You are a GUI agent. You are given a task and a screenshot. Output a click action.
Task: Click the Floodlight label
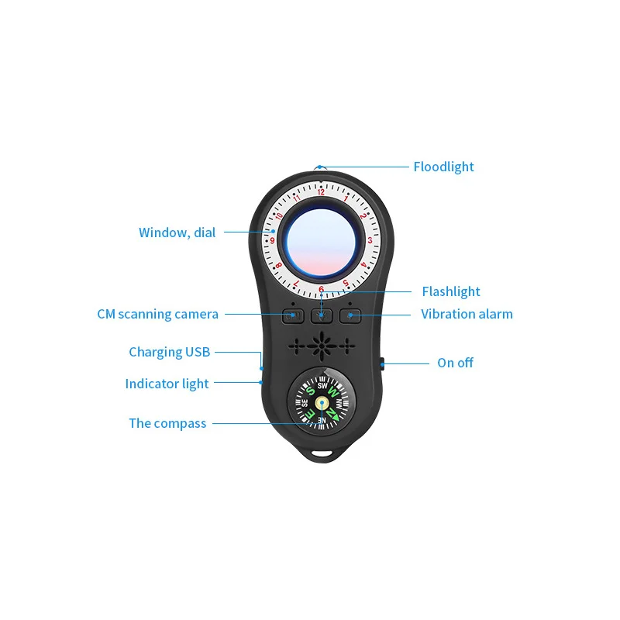[x=443, y=167]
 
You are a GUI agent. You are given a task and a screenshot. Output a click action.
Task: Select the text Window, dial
[x=177, y=232]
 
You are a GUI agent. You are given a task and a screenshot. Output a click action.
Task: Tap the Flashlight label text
[x=451, y=291]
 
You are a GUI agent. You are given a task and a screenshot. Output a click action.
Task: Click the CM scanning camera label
[x=157, y=314]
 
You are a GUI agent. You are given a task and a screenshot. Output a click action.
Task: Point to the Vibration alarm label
[x=467, y=314]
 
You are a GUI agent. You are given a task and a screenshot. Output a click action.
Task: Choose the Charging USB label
[x=169, y=352]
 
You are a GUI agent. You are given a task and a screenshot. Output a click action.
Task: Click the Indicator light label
[x=167, y=384]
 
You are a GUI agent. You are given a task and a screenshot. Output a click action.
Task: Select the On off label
[x=455, y=363]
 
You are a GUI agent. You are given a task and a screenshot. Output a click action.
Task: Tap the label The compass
[x=167, y=423]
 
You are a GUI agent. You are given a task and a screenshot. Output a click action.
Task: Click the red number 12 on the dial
[x=321, y=192]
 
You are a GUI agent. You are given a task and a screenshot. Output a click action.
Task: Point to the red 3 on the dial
[x=370, y=240]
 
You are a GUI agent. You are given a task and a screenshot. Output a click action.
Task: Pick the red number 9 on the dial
[x=272, y=240]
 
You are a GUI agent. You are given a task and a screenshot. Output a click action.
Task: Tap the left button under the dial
[x=293, y=315]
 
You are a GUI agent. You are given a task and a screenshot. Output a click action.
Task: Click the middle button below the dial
[x=322, y=315]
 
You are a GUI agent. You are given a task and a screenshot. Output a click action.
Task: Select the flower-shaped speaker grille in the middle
[x=322, y=343]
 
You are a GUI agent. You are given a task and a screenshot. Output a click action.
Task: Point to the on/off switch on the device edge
[x=384, y=363]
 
